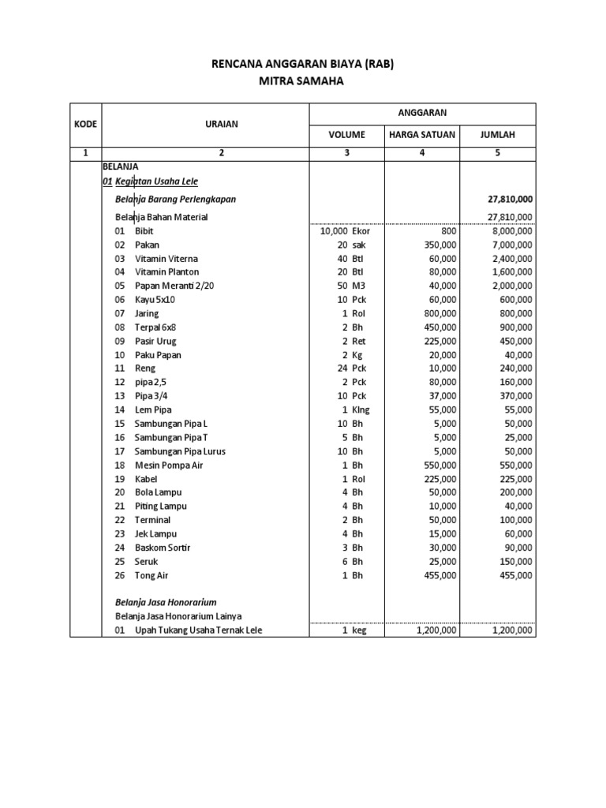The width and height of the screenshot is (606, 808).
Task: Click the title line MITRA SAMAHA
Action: click(303, 80)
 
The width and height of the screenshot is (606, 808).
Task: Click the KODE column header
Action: click(85, 124)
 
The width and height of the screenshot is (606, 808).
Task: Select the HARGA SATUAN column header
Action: click(422, 135)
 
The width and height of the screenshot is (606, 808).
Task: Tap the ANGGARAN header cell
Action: click(421, 113)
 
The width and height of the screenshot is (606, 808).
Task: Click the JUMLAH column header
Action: click(497, 135)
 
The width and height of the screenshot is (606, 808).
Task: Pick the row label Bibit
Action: click(144, 231)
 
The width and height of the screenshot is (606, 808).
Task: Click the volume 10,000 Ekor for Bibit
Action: click(345, 231)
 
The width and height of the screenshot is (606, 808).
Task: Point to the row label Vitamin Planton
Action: click(166, 272)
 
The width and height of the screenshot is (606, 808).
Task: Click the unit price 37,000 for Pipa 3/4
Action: click(440, 396)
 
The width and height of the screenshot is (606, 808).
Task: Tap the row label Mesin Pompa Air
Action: click(170, 465)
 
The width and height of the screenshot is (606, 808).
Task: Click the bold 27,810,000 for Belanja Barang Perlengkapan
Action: click(510, 200)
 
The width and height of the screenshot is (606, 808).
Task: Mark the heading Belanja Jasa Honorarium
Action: click(166, 602)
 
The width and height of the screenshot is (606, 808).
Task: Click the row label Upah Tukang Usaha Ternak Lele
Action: click(198, 630)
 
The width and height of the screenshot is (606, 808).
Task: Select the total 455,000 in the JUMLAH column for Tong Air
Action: click(515, 575)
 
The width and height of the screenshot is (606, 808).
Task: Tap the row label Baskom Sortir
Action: click(163, 548)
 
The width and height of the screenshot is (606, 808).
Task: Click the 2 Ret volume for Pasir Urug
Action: click(353, 342)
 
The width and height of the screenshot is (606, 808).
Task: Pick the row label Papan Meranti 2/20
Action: click(174, 286)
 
